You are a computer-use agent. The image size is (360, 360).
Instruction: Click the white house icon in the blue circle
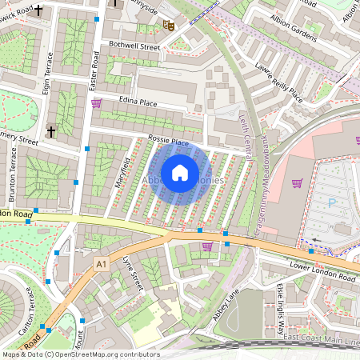coord(180,173)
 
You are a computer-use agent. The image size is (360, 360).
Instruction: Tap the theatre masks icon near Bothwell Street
coord(169,25)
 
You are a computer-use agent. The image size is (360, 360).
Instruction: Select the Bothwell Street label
coord(134,46)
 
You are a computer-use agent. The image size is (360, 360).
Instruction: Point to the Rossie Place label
coord(167,142)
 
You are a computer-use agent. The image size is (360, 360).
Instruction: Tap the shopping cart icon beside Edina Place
coord(97,103)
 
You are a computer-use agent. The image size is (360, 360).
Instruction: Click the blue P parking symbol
coord(332,203)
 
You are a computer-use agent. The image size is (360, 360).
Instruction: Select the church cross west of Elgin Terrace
coord(51,130)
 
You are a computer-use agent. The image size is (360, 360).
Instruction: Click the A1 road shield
coord(101,263)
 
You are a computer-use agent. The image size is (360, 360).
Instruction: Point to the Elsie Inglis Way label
coord(281,307)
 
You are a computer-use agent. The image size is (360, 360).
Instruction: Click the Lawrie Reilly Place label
coord(280,82)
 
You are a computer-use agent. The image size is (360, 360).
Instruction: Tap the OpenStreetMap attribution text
coord(80,354)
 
